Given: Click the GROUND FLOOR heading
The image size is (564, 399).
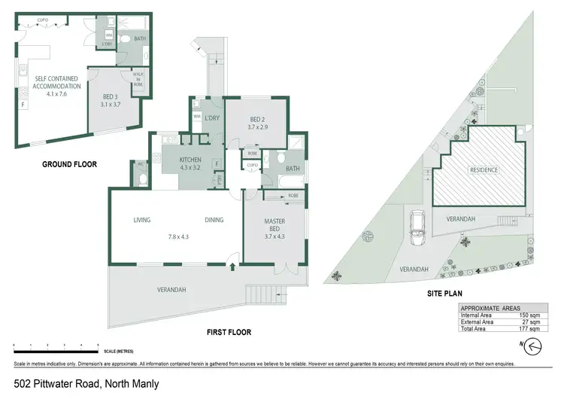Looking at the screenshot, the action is coord(70,164).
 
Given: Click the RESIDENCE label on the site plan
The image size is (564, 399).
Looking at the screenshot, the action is coord(484,170).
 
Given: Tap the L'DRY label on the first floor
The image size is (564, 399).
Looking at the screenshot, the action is coord(211,118).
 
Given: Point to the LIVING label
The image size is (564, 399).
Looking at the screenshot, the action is coord(142,221).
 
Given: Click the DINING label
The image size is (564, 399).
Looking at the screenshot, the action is coord(215,221).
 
